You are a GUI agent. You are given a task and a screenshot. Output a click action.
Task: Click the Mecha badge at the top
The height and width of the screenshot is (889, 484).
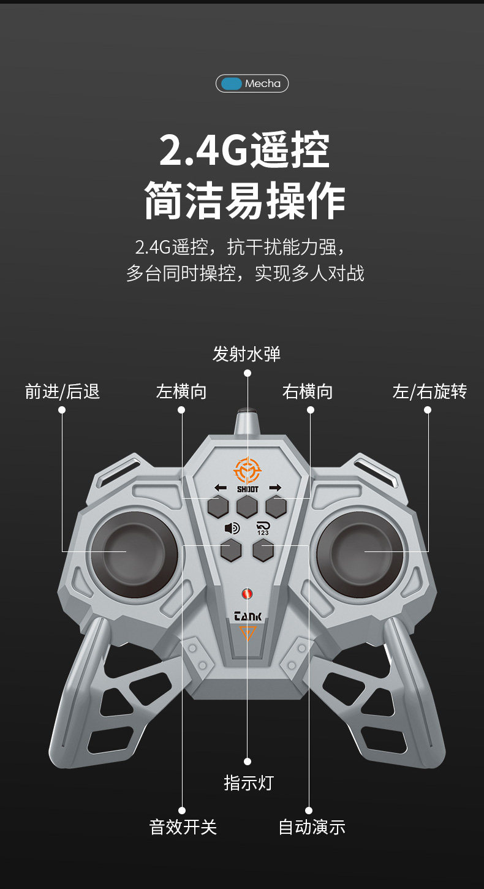tap(252, 83)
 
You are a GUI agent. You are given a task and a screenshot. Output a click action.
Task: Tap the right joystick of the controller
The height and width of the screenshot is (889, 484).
tap(360, 553)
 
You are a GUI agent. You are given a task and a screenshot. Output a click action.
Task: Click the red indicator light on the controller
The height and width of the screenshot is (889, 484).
tap(248, 594)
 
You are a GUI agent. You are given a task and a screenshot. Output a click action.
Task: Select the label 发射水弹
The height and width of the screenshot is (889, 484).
tap(246, 354)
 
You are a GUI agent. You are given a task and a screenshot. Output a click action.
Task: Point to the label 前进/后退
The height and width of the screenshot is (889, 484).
tap(62, 392)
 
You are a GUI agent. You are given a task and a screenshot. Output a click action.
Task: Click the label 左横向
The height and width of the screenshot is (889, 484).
tap(181, 392)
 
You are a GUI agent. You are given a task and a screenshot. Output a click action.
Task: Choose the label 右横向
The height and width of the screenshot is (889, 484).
tap(308, 392)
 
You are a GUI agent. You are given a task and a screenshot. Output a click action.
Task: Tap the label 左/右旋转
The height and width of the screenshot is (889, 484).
tap(429, 392)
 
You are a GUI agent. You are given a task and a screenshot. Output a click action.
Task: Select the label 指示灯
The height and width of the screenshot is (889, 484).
tap(248, 782)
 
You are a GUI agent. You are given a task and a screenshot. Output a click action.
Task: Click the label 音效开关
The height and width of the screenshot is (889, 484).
tap(183, 827)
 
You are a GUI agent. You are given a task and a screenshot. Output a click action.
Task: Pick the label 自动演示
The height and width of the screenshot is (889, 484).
tap(312, 827)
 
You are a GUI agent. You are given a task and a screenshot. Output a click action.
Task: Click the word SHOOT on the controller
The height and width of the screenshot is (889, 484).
tap(248, 489)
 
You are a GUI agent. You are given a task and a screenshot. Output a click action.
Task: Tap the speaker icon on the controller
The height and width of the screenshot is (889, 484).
tap(232, 528)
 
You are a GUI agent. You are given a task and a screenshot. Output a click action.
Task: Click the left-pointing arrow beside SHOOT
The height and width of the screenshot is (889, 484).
tap(221, 488)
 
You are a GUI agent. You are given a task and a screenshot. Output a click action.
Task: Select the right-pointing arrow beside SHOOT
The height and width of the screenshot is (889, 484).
tap(274, 488)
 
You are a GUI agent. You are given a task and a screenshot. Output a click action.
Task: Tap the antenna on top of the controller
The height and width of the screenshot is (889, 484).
tap(246, 423)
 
